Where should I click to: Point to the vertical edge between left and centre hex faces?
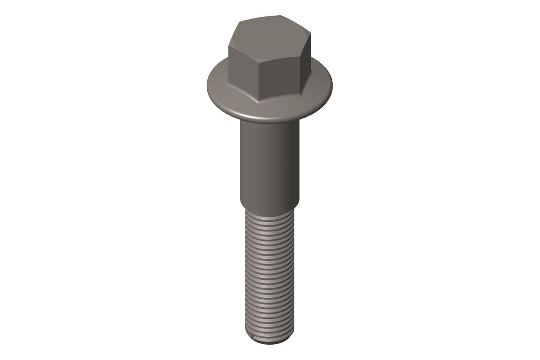point(262,79)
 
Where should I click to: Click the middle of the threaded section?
point(269,274)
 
